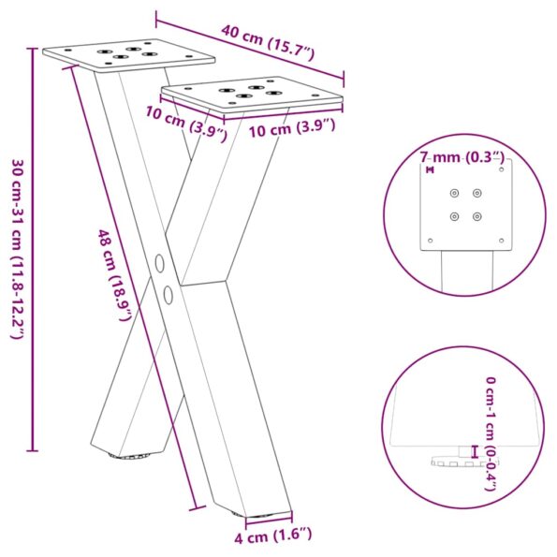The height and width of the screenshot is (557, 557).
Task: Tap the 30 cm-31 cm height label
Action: pos(16,248)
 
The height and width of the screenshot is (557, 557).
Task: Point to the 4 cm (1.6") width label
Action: pos(272,535)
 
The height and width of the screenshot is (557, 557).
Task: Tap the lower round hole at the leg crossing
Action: pos(168,296)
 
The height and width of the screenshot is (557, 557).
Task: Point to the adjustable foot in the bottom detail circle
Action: pos(450,462)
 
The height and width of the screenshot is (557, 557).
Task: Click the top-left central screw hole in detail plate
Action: pos(455,193)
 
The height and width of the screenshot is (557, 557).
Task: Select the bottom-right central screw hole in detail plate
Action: pos(477,217)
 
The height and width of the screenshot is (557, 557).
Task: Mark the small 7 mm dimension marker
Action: pos(429,169)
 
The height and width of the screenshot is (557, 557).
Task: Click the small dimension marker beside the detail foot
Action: pos(475,452)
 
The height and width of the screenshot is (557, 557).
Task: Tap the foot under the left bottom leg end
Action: pos(132,457)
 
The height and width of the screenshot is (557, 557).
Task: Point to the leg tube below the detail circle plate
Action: pos(464,271)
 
